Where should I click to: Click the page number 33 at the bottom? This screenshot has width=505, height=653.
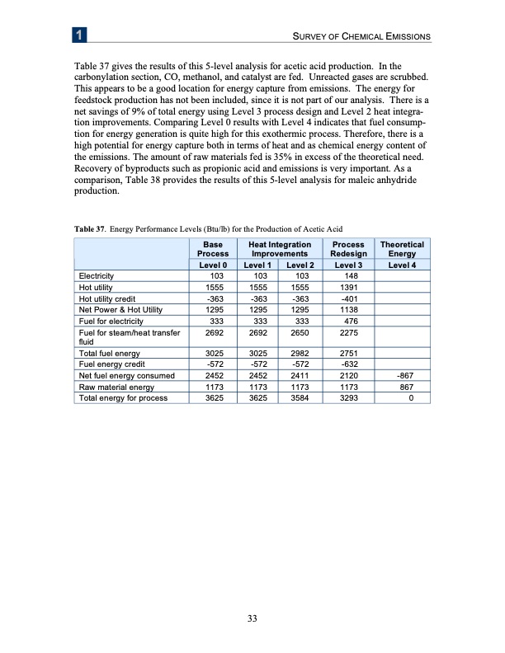(x=252, y=621)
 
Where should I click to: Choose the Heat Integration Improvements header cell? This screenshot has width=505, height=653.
(x=274, y=250)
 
